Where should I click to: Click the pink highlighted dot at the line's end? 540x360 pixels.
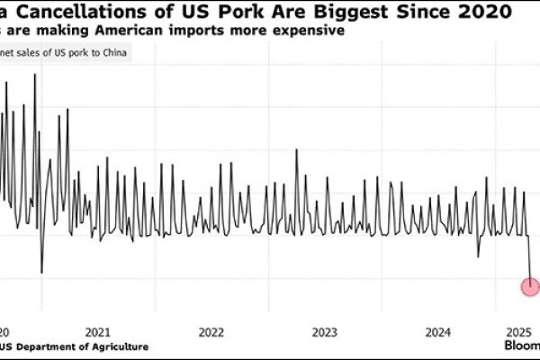[x=531, y=287]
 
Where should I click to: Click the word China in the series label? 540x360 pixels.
[x=112, y=51]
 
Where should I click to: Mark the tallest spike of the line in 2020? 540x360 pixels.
[x=35, y=75]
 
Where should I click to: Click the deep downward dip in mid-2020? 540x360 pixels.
[x=41, y=271]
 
